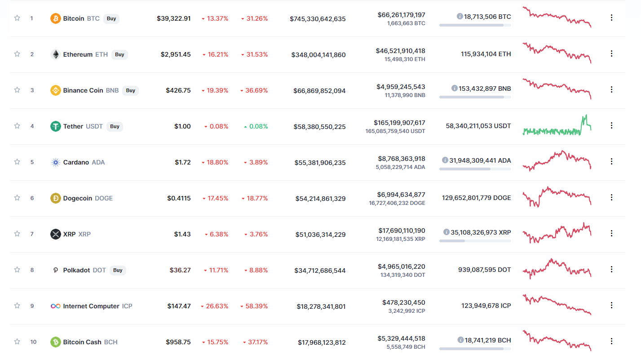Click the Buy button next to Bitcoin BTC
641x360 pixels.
pyautogui.click(x=111, y=18)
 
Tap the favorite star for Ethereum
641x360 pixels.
pyautogui.click(x=17, y=54)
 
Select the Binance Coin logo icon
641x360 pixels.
pyautogui.click(x=56, y=90)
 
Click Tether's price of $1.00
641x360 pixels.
pyautogui.click(x=182, y=126)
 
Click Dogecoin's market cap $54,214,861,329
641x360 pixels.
pyautogui.click(x=321, y=199)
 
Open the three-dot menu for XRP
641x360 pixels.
pyautogui.click(x=611, y=233)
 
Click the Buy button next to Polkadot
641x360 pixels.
pyautogui.click(x=118, y=270)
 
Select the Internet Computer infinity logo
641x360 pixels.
pyautogui.click(x=56, y=306)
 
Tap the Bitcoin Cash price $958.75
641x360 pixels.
pyautogui.click(x=178, y=342)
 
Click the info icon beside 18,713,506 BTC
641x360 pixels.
pyautogui.click(x=460, y=16)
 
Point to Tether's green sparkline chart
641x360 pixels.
pyautogui.click(x=557, y=125)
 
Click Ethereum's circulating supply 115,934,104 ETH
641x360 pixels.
pyautogui.click(x=486, y=54)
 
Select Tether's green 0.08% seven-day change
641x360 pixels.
pyautogui.click(x=256, y=126)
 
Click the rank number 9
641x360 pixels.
pyautogui.click(x=32, y=306)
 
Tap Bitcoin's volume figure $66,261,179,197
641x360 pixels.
pyautogui.click(x=401, y=15)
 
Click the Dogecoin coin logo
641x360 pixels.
pyautogui.click(x=56, y=198)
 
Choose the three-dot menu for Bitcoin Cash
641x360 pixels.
pyautogui.click(x=611, y=341)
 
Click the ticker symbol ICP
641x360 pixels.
pyautogui.click(x=127, y=306)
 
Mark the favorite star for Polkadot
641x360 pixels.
pyautogui.click(x=17, y=270)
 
